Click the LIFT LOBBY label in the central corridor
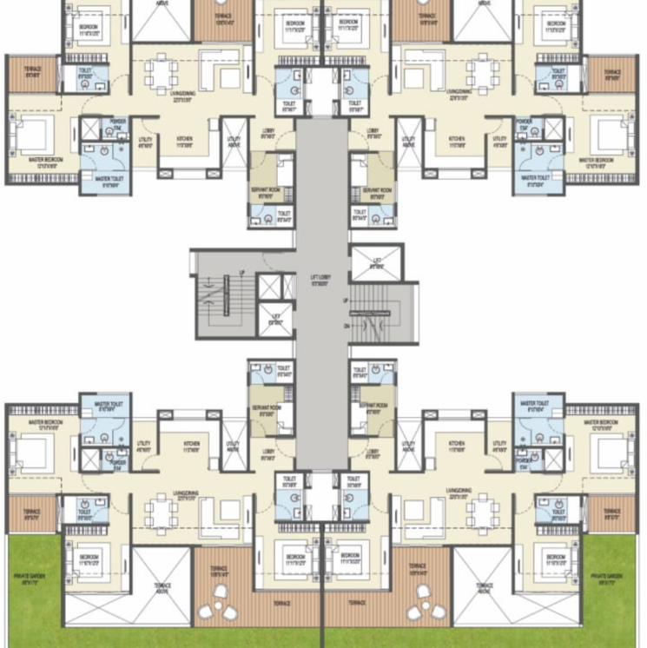[x=321, y=281]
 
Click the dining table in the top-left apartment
[x=161, y=73]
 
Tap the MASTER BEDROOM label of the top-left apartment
[x=30, y=160]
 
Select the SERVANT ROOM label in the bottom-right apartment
[x=373, y=407]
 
